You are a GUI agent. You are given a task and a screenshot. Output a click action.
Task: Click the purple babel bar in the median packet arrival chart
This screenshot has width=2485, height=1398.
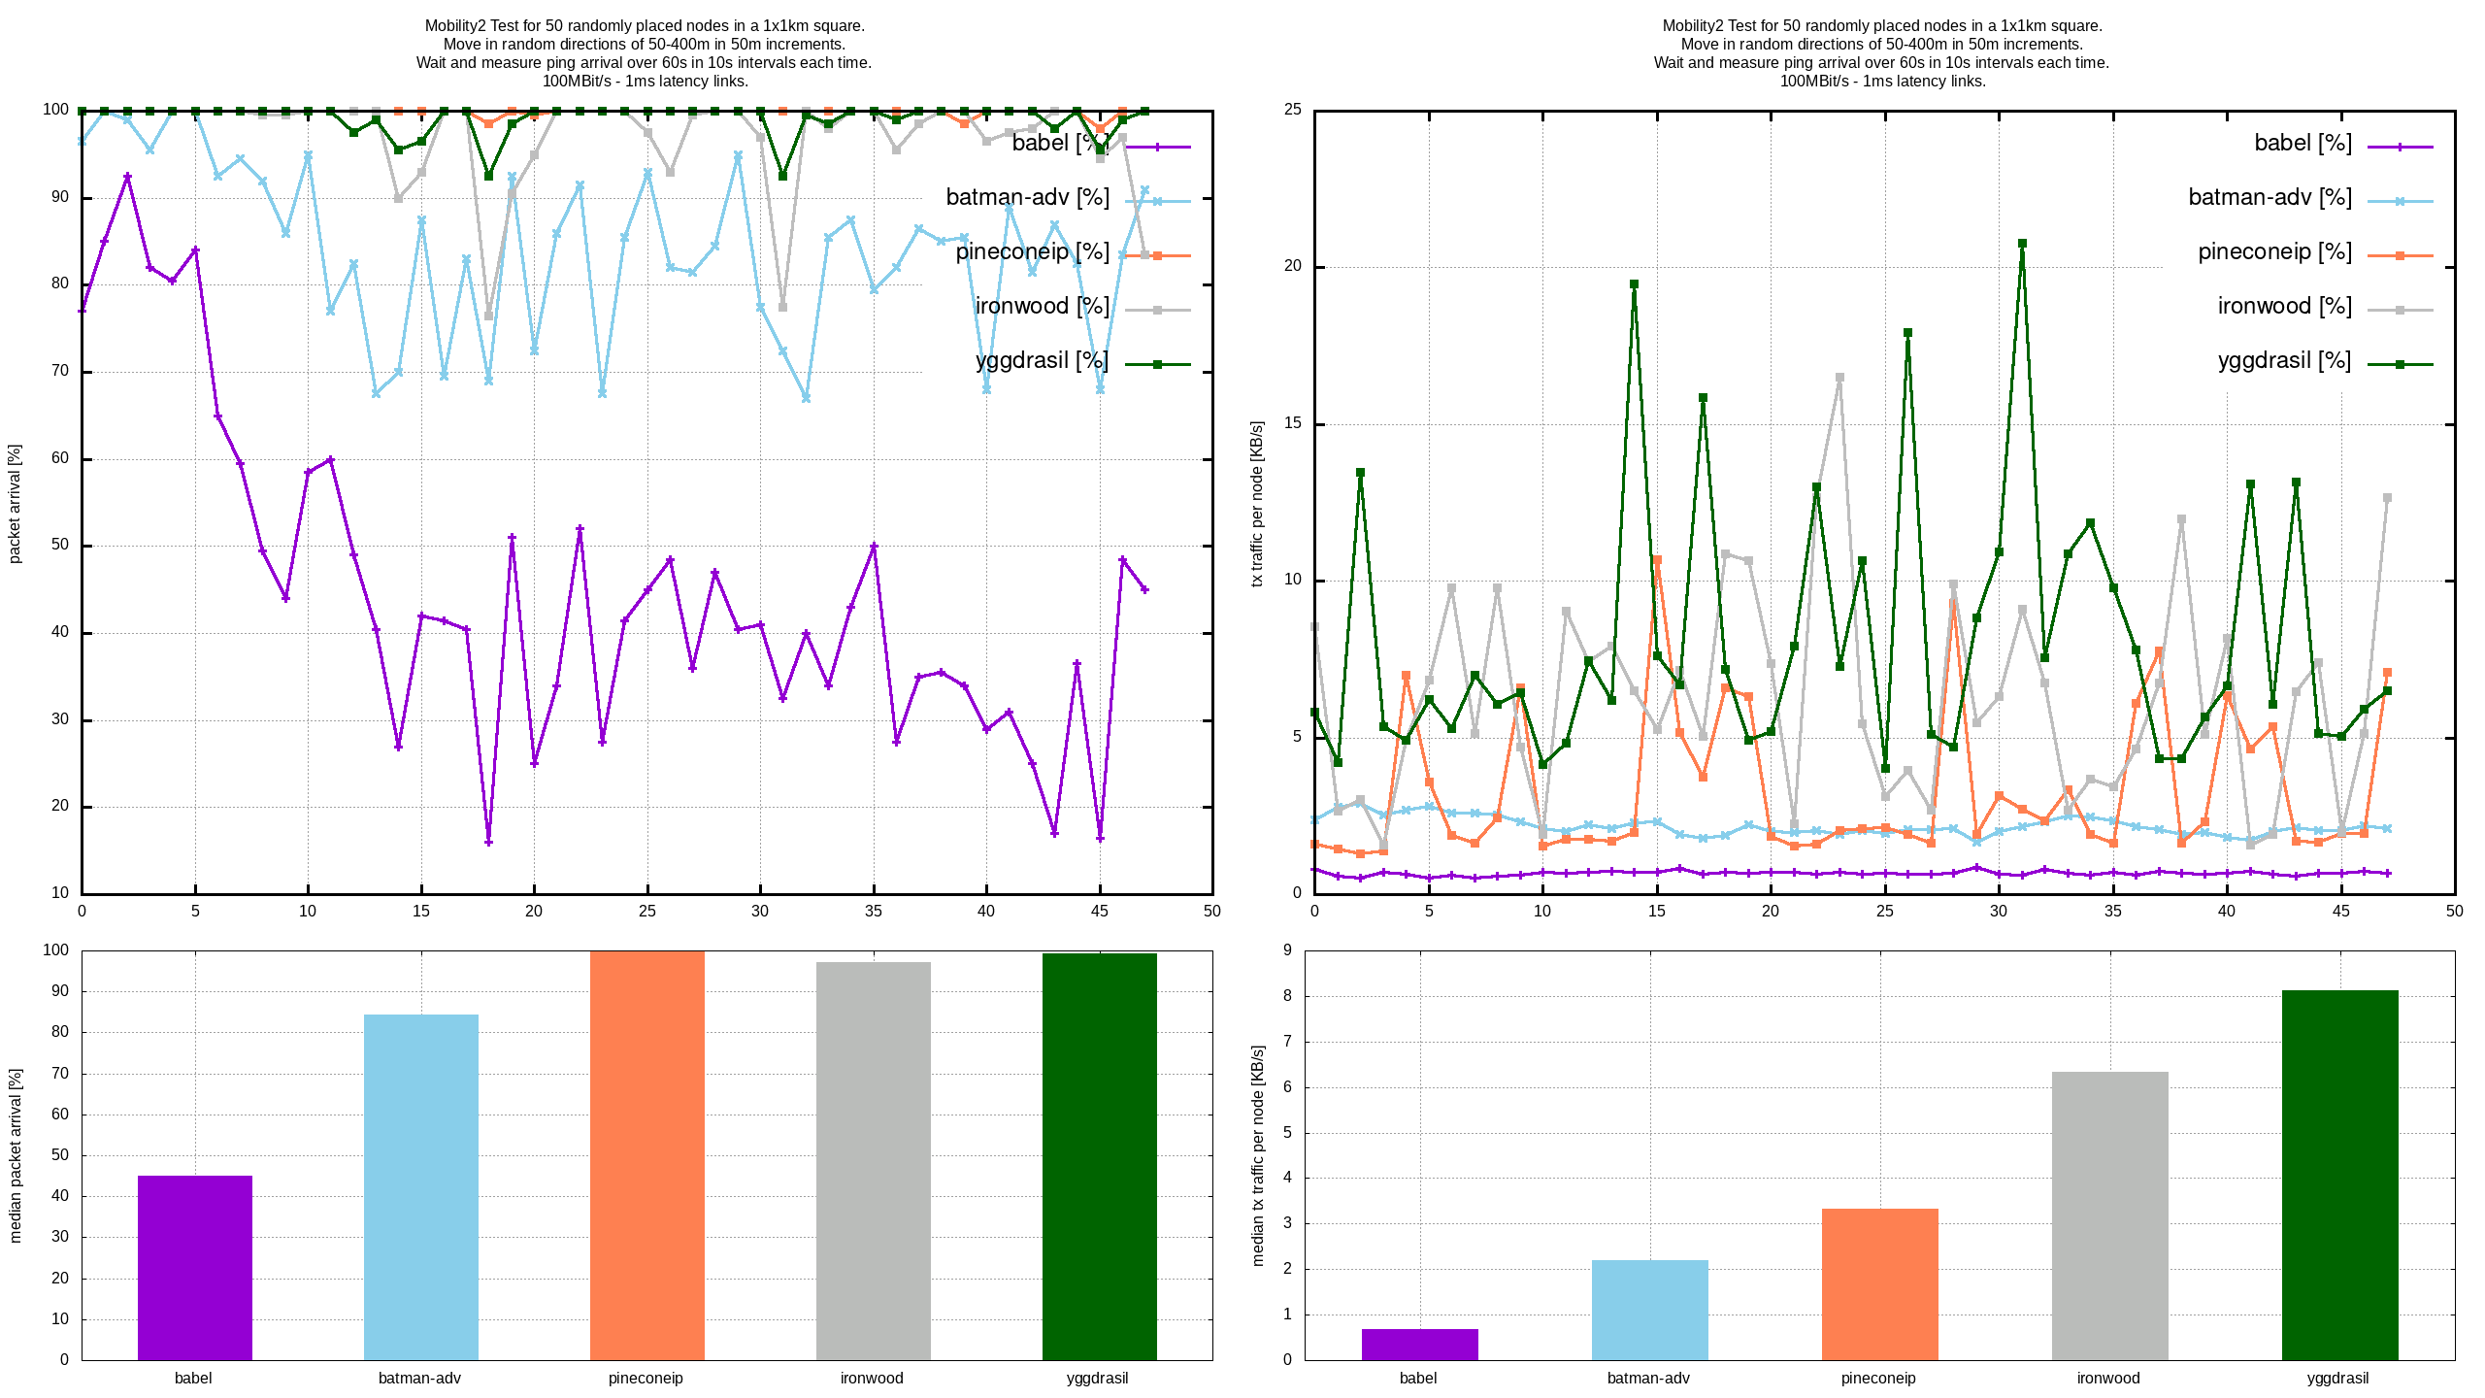coord(194,1267)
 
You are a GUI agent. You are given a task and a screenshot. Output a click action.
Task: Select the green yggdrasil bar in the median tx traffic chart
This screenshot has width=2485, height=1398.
coord(2339,1175)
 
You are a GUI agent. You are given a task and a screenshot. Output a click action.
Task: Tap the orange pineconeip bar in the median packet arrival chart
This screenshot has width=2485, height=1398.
coord(646,1155)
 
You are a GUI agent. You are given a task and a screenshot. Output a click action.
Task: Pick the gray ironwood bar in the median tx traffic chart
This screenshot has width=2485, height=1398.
coord(2109,1215)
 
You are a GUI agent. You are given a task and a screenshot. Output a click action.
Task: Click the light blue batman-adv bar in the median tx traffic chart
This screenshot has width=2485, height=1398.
coord(1649,1310)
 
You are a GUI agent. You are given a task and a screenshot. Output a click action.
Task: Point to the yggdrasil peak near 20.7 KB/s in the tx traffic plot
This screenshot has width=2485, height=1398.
coord(2022,244)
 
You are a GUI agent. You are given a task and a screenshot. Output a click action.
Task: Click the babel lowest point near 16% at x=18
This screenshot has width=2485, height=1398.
coord(488,842)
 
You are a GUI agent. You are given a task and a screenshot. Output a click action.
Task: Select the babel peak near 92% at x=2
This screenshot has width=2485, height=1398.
coord(127,177)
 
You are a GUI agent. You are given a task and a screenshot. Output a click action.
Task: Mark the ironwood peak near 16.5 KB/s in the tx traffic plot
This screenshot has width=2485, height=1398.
coord(1839,378)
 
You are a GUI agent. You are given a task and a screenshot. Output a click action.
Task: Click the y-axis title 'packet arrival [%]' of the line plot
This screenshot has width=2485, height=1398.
coord(15,503)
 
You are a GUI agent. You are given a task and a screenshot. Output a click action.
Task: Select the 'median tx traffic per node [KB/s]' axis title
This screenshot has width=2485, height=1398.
coord(1258,1155)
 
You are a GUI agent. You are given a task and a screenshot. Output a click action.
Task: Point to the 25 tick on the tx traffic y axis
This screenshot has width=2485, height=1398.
coord(1293,110)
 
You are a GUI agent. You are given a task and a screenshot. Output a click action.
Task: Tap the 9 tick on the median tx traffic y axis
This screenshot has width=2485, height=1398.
coord(1288,950)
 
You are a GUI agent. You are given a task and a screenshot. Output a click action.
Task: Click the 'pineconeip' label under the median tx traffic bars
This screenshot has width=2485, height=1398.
coord(1878,1378)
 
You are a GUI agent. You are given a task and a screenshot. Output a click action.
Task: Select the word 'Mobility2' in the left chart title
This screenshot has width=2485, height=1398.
coord(455,26)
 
